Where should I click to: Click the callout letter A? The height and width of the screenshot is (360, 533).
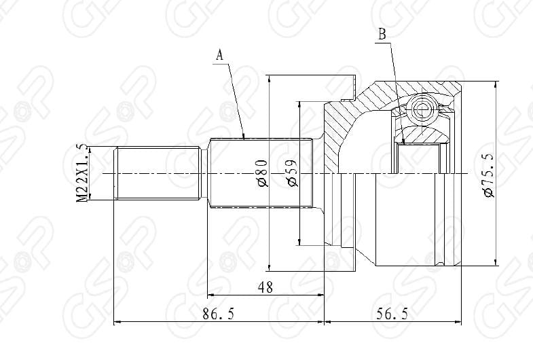pos(219,56)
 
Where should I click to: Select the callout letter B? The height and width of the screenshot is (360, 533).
pos(382,33)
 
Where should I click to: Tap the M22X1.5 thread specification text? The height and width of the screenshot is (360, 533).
pos(83,173)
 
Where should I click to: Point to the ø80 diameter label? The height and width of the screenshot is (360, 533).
pos(261,174)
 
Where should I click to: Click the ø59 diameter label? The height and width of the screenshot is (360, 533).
pos(291,174)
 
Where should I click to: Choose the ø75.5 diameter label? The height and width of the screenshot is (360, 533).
pos(488,175)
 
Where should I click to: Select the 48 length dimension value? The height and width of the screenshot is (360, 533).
pos(265,287)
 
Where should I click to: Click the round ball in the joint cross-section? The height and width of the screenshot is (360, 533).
pos(422,109)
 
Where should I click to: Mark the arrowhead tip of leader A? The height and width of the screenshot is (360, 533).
pos(244,139)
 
